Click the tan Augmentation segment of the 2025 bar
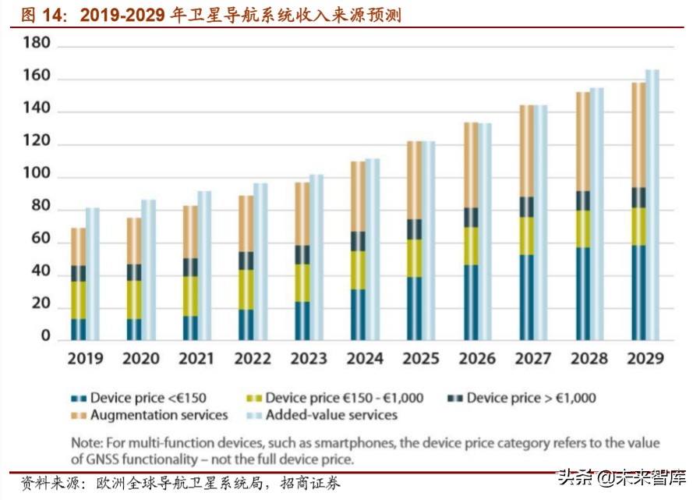click(415, 180)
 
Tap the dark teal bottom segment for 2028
click(582, 293)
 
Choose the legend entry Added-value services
click(331, 415)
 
